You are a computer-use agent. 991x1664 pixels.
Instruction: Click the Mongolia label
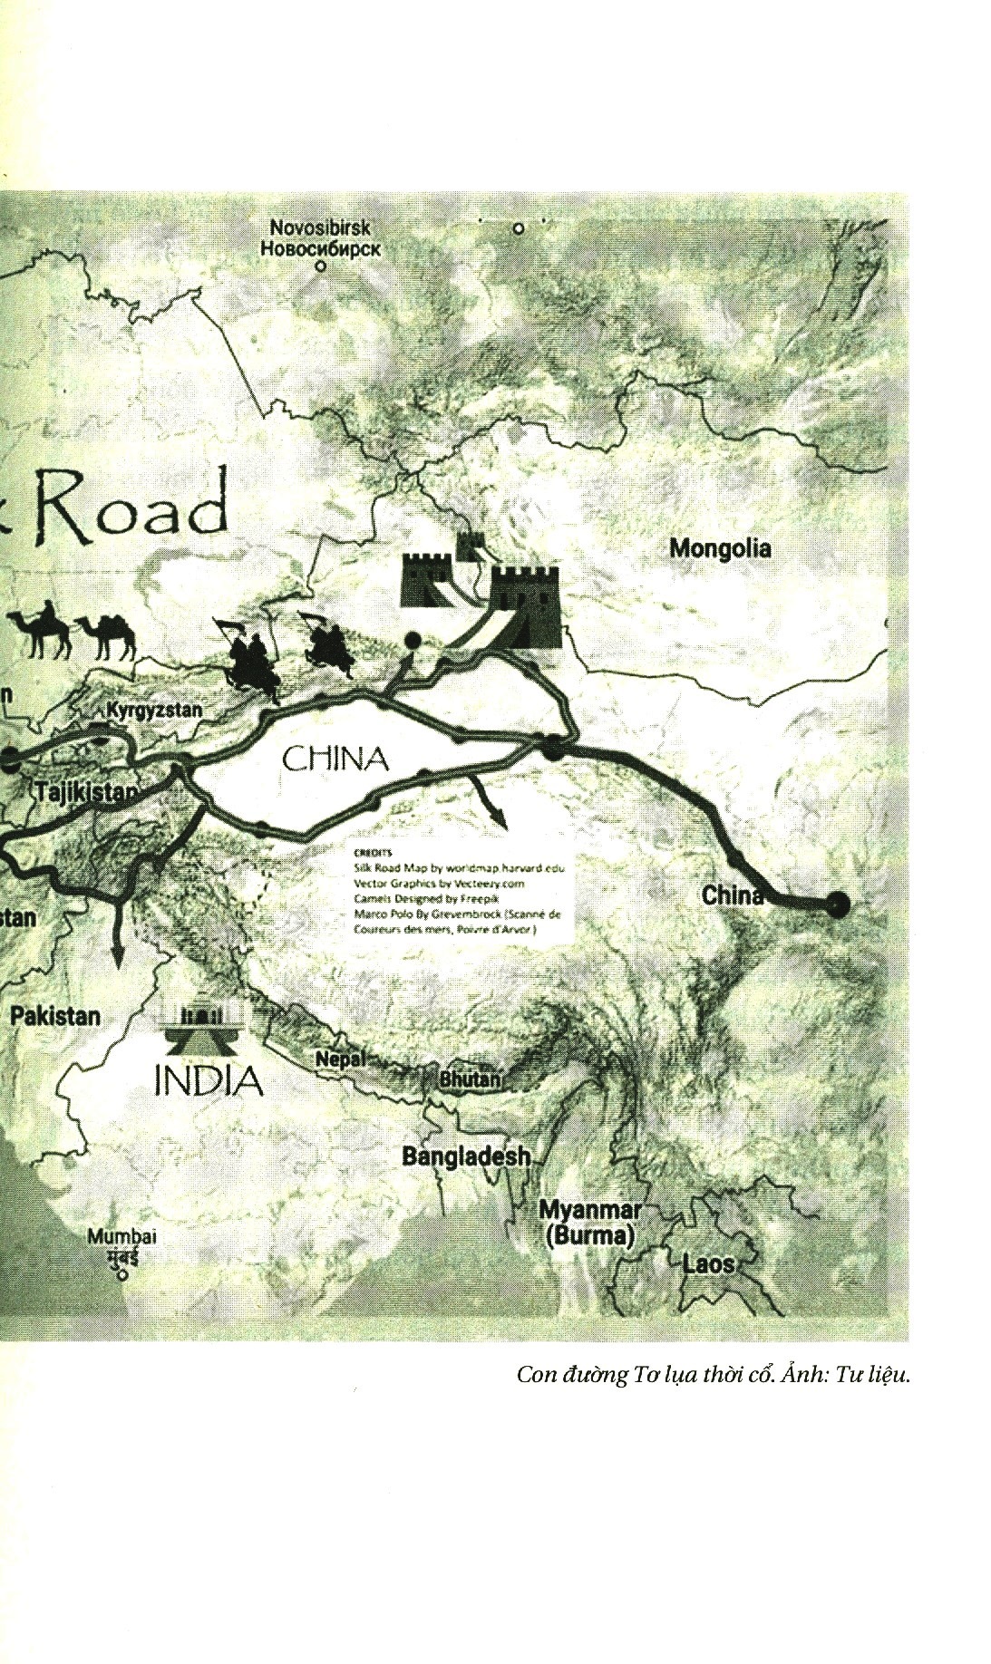click(720, 548)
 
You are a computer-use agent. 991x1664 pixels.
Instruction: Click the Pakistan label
click(55, 1015)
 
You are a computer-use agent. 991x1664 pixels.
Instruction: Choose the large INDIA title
click(209, 1080)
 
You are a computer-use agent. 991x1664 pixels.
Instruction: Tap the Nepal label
click(340, 1058)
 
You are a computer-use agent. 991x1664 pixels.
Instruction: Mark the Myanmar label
click(589, 1210)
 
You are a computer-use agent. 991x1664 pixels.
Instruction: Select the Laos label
click(707, 1264)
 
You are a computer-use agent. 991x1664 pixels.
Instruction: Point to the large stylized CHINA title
click(335, 759)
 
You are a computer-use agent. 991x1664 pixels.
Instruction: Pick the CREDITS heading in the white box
click(372, 853)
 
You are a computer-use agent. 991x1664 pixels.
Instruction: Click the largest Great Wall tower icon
click(525, 605)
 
